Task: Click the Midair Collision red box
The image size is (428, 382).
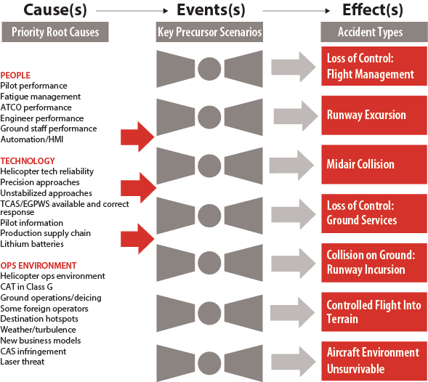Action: [x=374, y=164]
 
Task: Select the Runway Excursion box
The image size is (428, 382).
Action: [x=374, y=115]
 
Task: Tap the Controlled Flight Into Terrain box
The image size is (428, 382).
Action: [x=374, y=312]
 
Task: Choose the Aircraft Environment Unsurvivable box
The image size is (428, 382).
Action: [x=374, y=361]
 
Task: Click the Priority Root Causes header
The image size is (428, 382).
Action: [x=55, y=32]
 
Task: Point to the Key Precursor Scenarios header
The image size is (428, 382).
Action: [x=209, y=32]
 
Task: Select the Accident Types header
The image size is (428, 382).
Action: [x=374, y=32]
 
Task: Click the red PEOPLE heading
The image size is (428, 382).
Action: [x=15, y=76]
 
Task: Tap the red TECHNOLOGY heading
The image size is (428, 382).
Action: [x=28, y=161]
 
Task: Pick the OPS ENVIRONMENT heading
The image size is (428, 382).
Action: [x=39, y=266]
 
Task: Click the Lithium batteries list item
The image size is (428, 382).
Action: [x=32, y=244]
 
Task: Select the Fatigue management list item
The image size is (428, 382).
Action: [x=41, y=97]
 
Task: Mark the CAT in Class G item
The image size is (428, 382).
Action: [x=26, y=287]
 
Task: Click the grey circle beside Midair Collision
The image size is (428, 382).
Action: [x=209, y=166]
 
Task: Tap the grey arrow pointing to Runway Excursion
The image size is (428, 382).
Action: [x=296, y=115]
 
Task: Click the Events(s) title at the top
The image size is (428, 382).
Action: [x=211, y=10]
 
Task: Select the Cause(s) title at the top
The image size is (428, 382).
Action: [x=55, y=10]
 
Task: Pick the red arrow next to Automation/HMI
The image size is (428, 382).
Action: [x=137, y=137]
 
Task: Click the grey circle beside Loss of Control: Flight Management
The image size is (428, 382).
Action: [x=209, y=69]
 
